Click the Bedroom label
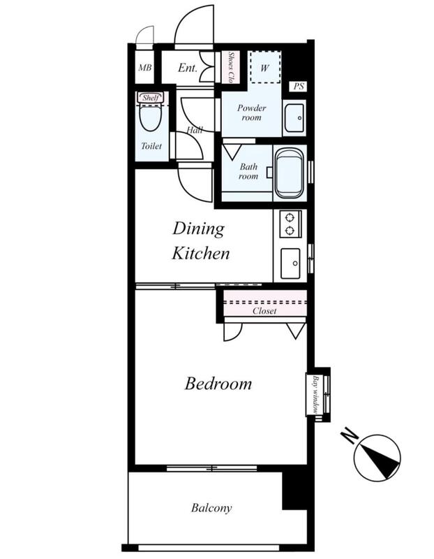[x=218, y=384]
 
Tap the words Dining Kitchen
[x=200, y=241]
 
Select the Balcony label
[x=211, y=508]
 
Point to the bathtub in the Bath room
[x=290, y=173]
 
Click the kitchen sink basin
[x=290, y=263]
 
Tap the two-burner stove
[x=290, y=224]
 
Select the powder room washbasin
[x=294, y=117]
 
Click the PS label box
[x=299, y=86]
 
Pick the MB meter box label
[x=145, y=67]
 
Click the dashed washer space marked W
[x=264, y=67]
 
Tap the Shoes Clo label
[x=232, y=67]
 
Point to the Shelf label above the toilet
[x=150, y=98]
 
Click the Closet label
[x=264, y=311]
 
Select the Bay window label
[x=315, y=394]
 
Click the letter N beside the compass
[x=349, y=437]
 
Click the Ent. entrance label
[x=188, y=68]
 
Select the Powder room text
[x=252, y=112]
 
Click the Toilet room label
[x=151, y=146]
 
